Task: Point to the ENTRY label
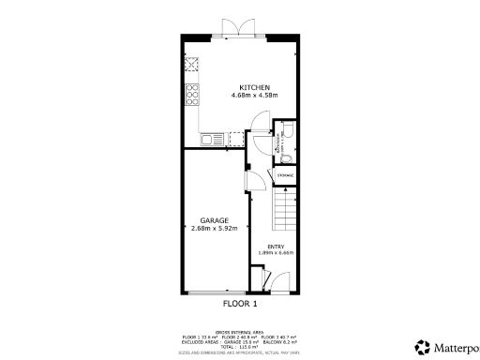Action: [275, 246]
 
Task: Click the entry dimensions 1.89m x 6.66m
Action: [275, 253]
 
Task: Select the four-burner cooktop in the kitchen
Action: [192, 94]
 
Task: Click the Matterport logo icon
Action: [422, 347]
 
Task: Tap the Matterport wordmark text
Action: [454, 347]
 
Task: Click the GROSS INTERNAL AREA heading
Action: [239, 332]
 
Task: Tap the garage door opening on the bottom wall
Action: [216, 292]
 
